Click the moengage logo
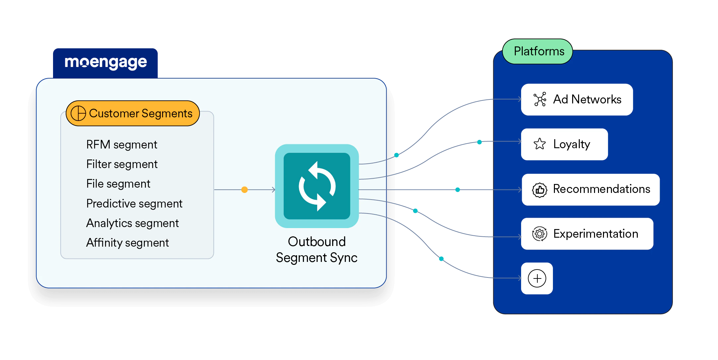(106, 62)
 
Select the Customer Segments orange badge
(133, 113)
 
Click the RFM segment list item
(122, 145)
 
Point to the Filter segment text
(122, 164)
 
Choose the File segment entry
(118, 184)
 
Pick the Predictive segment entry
(134, 204)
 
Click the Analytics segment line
(132, 223)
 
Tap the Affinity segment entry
(127, 243)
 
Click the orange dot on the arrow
(245, 190)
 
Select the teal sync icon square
(317, 186)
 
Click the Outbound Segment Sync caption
(317, 250)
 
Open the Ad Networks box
(577, 99)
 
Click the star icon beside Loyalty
(540, 144)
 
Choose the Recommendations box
(591, 190)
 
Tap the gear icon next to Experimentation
(540, 234)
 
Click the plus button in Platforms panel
(537, 278)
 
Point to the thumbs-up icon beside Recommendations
(540, 190)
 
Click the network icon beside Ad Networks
(540, 99)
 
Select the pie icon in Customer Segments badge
(79, 113)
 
